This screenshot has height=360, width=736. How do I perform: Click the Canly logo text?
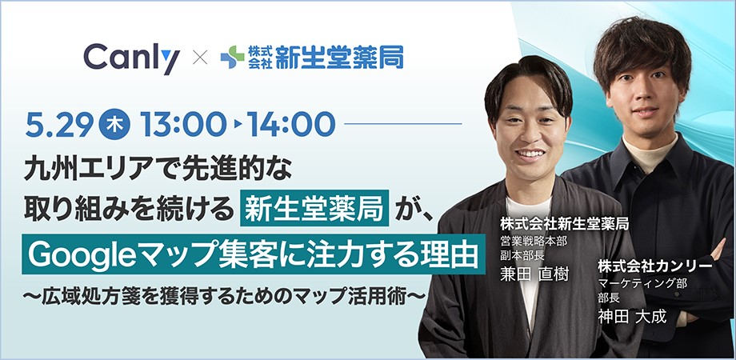131,58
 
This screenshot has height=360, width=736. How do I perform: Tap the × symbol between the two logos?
201,58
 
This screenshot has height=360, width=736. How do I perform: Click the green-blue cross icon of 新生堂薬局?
232,58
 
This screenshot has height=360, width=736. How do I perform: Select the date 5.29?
59,124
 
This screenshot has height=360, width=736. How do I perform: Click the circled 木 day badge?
114,124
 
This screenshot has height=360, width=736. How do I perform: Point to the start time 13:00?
183,124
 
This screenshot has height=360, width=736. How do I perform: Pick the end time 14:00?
291,124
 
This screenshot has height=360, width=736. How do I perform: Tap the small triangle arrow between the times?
238,124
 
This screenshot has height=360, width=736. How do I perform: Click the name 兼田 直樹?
534,274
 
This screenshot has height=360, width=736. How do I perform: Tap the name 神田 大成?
632,316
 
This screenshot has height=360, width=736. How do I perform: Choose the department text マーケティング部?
642,283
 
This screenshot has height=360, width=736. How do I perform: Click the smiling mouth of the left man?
530,154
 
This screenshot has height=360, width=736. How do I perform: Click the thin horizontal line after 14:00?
403,124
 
